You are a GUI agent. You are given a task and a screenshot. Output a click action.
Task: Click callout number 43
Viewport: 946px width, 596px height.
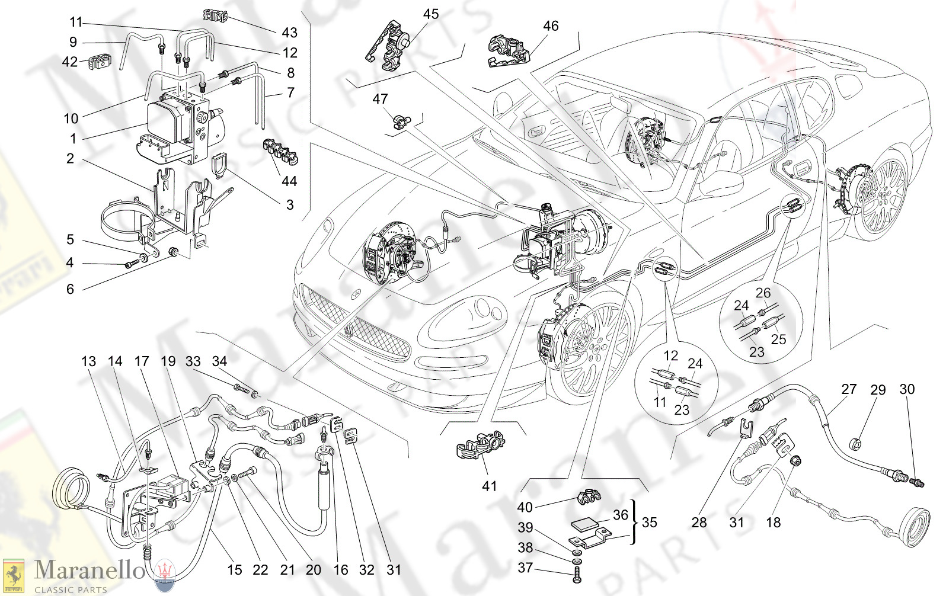(289, 33)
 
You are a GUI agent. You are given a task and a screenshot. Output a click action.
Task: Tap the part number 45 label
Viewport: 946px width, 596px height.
(431, 14)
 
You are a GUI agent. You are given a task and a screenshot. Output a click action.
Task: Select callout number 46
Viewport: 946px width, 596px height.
(551, 25)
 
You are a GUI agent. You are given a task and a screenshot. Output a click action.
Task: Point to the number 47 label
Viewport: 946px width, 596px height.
(380, 99)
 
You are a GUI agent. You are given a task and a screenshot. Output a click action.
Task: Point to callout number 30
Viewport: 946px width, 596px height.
(907, 389)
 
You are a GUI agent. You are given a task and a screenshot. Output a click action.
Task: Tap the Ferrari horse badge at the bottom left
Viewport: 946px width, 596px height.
(13, 575)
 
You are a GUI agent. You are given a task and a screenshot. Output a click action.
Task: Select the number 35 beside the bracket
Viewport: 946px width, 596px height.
(649, 522)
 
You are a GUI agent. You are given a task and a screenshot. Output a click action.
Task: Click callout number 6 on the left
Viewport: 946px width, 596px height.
(70, 289)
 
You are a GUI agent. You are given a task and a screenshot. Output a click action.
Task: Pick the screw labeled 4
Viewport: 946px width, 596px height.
(130, 264)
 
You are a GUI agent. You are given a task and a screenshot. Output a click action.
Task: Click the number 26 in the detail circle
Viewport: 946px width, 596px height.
(763, 293)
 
